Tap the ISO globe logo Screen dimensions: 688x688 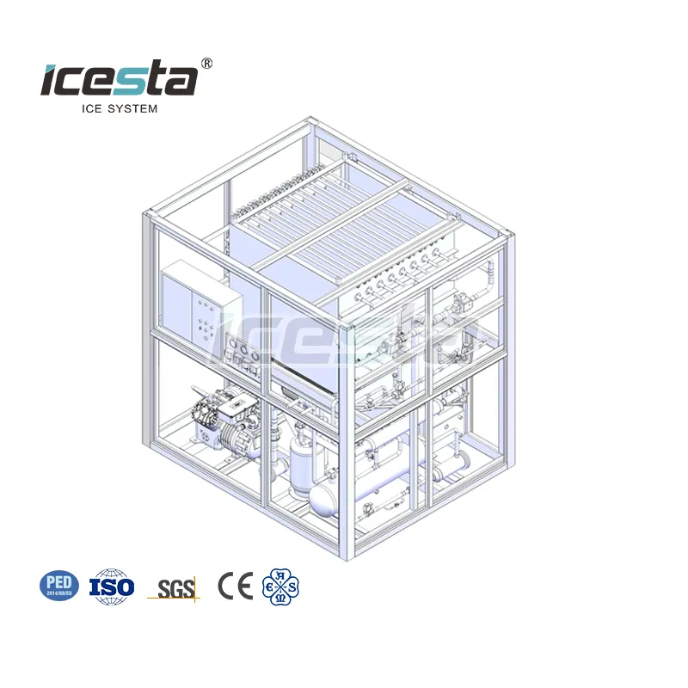[x=112, y=586]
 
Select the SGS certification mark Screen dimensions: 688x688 [x=174, y=588]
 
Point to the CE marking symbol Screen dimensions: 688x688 [x=234, y=586]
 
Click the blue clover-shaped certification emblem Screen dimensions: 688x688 [x=280, y=587]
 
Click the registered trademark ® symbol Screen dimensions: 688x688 [x=206, y=64]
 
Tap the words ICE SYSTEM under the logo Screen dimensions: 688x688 [x=119, y=108]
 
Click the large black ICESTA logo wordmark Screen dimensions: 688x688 [x=119, y=80]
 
